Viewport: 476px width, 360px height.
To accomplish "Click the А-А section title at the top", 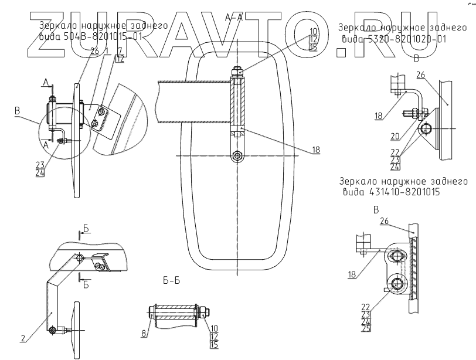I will coord(233,19).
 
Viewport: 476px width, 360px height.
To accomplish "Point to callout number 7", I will coord(120,51).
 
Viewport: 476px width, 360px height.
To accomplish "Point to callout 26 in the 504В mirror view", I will coord(94,50).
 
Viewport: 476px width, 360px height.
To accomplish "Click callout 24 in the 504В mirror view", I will coord(40,174).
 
